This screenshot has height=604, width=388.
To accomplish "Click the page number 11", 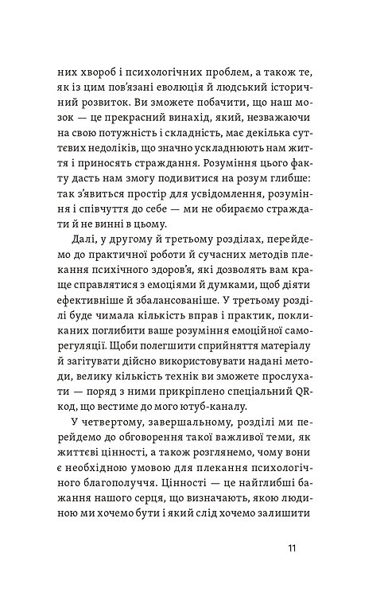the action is [x=294, y=548].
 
